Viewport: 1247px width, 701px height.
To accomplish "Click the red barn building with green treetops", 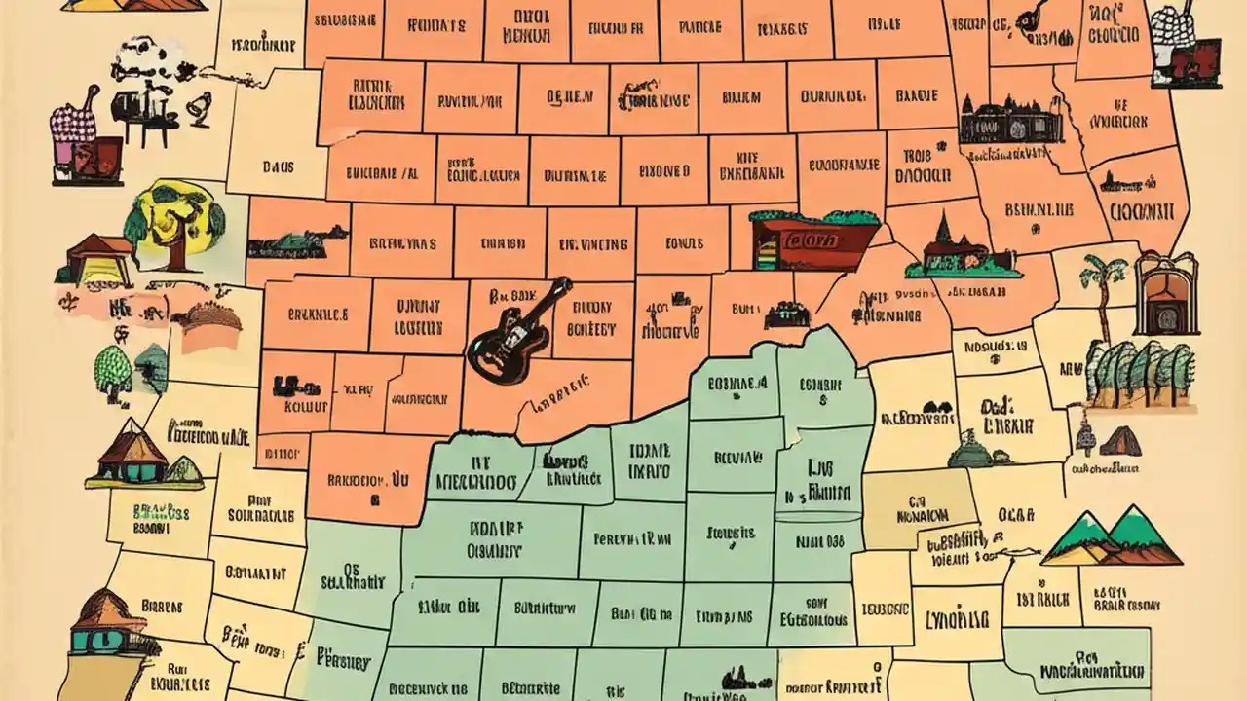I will click(814, 239).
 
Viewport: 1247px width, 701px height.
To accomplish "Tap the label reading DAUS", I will click(278, 166).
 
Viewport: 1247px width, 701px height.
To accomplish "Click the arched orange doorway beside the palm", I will click(1166, 292).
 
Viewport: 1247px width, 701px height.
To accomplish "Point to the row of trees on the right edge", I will click(1140, 374).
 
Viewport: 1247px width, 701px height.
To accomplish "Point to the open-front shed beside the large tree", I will click(97, 259).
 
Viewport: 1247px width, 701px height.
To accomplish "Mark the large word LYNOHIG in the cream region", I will click(956, 619).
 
